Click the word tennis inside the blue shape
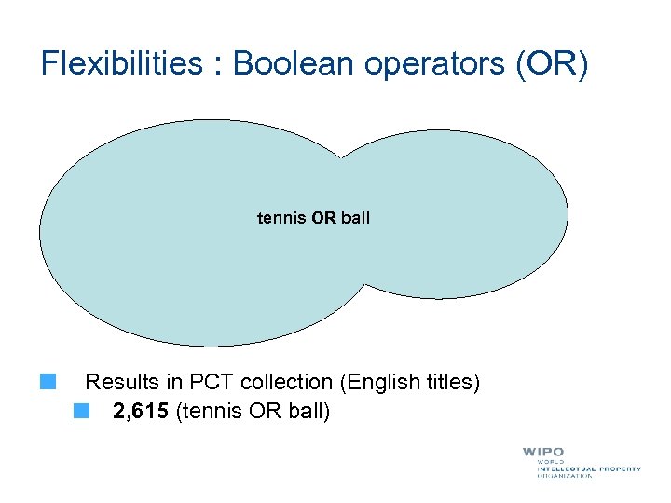(282, 218)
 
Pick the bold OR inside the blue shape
(324, 218)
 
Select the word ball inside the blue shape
(355, 218)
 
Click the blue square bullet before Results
(48, 381)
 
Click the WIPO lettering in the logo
(543, 452)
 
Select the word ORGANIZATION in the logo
(565, 476)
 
